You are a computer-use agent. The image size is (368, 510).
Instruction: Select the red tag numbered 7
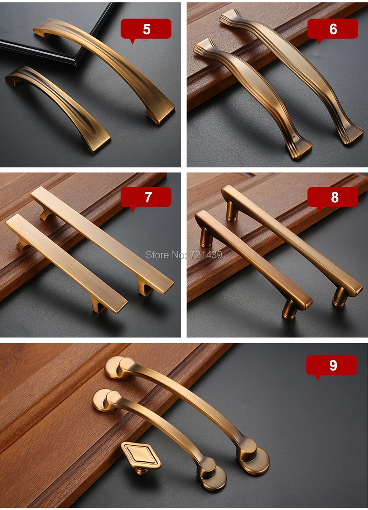click(146, 198)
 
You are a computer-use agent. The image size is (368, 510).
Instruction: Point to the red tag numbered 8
click(333, 198)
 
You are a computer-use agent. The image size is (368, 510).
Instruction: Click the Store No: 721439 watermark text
click(184, 255)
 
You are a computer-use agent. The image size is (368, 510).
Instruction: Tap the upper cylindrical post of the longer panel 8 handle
click(232, 211)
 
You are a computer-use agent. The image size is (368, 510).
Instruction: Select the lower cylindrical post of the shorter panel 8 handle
click(290, 309)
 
